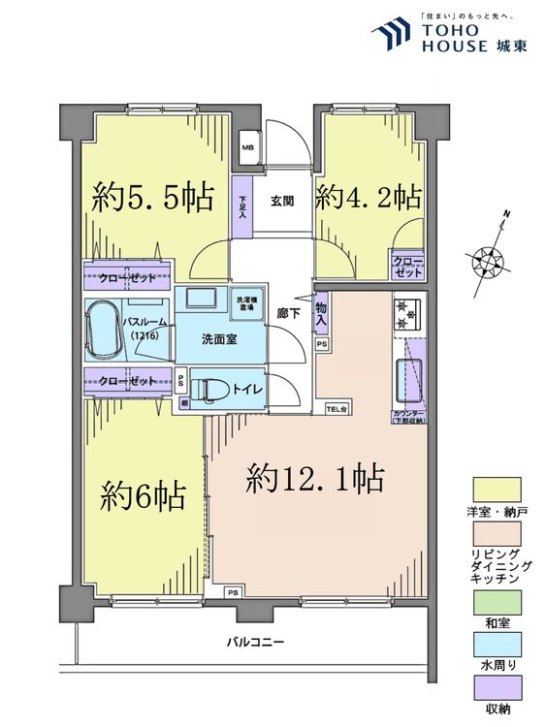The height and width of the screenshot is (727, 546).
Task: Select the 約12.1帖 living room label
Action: click(x=315, y=477)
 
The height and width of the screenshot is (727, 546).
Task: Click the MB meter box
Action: click(x=247, y=148)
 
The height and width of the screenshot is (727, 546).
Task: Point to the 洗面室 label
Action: click(x=218, y=340)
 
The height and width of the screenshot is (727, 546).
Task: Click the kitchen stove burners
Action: click(x=405, y=314)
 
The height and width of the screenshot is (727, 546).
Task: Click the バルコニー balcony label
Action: click(x=256, y=642)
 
